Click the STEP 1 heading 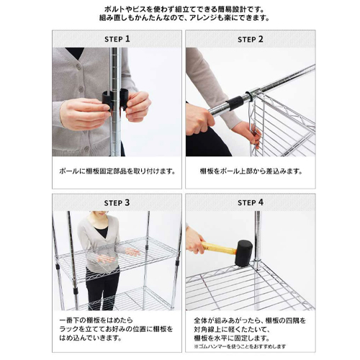[x=117, y=39]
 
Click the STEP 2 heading [x=251, y=39]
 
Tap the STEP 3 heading [x=117, y=203]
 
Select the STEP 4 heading [x=251, y=202]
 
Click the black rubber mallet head [x=243, y=253]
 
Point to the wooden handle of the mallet [x=219, y=248]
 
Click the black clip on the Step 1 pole [x=114, y=99]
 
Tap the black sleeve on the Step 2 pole [x=234, y=102]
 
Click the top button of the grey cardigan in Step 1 [x=78, y=66]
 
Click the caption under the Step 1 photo [x=117, y=171]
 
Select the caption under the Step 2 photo [x=251, y=171]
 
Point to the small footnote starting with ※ [x=240, y=346]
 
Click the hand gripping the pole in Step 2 [x=199, y=120]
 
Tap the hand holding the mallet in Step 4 [x=195, y=240]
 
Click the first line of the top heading [x=184, y=9]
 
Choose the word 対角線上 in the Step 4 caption [x=212, y=329]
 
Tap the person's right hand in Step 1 [x=84, y=114]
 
